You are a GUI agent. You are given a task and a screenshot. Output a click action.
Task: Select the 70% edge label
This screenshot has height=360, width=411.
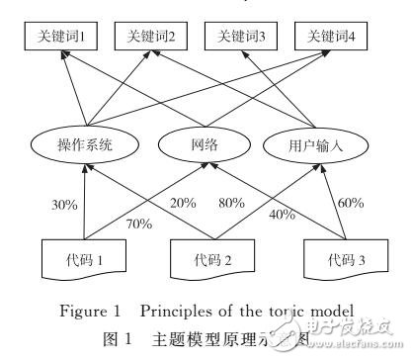tap(137, 225)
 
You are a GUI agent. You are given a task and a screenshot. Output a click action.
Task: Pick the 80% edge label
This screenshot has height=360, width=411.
tap(232, 203)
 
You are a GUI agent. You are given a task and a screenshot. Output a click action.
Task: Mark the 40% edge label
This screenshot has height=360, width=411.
tap(282, 215)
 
